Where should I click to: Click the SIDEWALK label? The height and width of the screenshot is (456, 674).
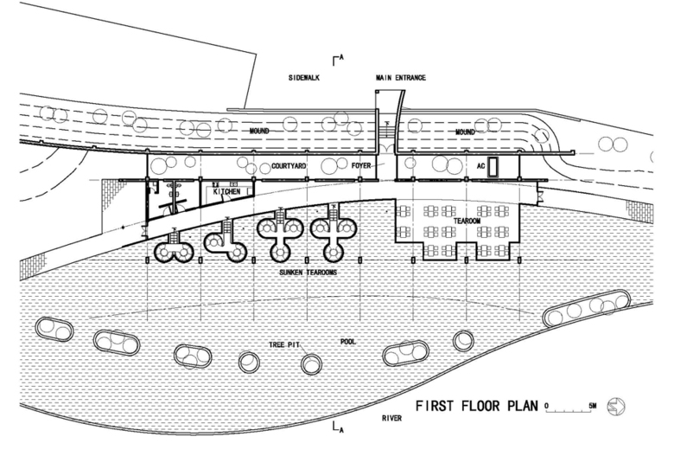click(303, 78)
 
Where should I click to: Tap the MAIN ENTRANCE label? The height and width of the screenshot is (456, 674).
click(400, 78)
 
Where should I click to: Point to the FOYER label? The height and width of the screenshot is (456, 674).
click(360, 161)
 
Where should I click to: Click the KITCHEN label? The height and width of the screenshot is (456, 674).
click(226, 191)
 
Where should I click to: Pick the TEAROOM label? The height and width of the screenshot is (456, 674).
click(467, 222)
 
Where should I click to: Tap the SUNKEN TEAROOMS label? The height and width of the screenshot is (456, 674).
click(307, 273)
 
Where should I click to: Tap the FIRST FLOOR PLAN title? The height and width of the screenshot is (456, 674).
click(477, 405)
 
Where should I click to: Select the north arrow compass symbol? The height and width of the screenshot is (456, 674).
click(619, 405)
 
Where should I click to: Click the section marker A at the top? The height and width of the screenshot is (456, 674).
click(339, 58)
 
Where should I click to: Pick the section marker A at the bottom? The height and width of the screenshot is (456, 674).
click(339, 427)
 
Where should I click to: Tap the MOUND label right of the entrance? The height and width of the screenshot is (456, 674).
click(467, 132)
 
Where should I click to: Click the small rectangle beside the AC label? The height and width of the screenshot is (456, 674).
click(490, 165)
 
